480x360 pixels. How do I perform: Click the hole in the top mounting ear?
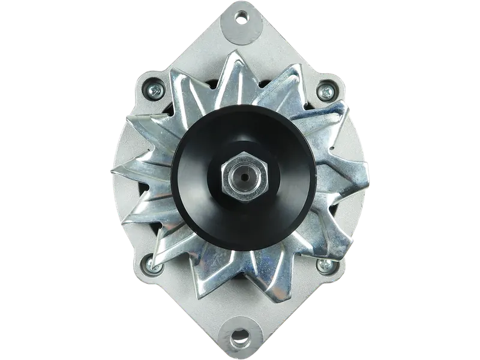pyautogui.click(x=242, y=19)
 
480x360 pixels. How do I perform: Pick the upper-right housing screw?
pyautogui.click(x=328, y=91)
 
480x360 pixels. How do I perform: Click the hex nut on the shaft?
pyautogui.click(x=243, y=178)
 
